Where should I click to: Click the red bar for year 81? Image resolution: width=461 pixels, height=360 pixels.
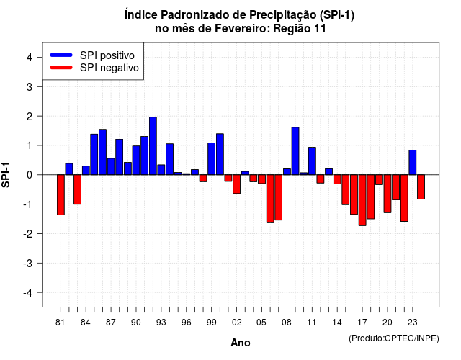point(61,195)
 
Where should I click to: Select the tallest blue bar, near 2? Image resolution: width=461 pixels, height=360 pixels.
point(153,145)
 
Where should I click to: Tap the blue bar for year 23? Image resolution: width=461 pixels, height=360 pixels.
point(413,163)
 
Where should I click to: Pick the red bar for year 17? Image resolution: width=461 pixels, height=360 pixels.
point(362,200)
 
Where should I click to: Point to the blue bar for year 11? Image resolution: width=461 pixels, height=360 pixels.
point(312,161)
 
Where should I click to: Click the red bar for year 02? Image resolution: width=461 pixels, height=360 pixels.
point(237,184)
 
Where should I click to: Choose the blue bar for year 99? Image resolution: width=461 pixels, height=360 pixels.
point(211,158)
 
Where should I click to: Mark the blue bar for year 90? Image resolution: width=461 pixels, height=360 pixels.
point(136,160)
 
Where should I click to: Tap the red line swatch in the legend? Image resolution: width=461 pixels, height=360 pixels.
point(61,67)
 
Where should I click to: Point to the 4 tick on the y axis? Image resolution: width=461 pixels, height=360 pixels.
point(40,58)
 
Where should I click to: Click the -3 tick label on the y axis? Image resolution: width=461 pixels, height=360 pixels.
point(28,264)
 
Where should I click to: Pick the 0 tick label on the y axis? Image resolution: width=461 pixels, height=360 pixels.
point(30,175)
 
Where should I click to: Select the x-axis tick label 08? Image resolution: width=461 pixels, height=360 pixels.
point(287,323)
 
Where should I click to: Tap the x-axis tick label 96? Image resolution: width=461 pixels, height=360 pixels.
point(187,323)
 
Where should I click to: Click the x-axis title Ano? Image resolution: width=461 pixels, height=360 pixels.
point(241,343)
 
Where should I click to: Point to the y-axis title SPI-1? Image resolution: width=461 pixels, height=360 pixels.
point(6,175)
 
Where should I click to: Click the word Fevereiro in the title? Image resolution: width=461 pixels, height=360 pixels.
point(242,29)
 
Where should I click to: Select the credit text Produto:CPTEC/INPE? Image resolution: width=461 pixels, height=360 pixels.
point(394,338)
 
